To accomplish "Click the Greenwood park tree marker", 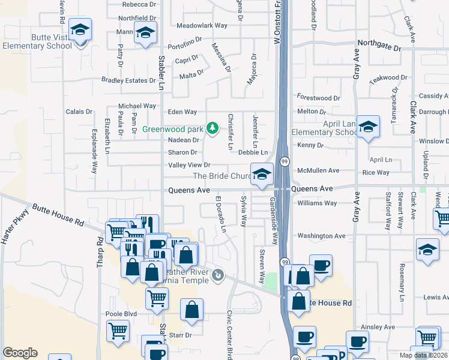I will click(211, 128).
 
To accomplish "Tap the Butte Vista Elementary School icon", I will click(79, 31).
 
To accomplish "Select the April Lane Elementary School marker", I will click(368, 125).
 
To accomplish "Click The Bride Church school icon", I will click(261, 175).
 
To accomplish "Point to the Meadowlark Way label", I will click(202, 25).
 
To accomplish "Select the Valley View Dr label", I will click(189, 165).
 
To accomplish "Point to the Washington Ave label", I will click(322, 236).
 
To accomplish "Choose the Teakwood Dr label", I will click(388, 78).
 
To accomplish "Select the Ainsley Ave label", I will click(378, 327).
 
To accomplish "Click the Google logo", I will click(20, 353).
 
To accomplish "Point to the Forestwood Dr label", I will click(318, 98).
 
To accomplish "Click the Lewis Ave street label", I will click(436, 297).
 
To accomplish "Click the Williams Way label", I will click(317, 203).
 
